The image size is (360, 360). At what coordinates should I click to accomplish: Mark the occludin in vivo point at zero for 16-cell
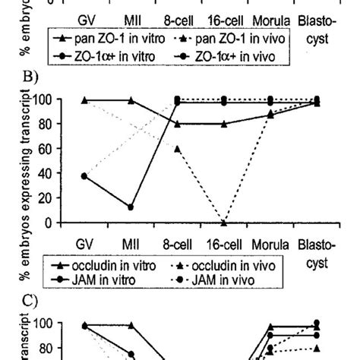224,223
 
